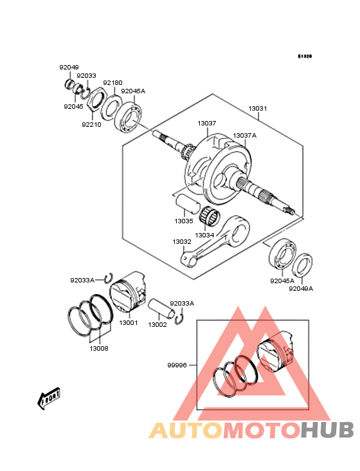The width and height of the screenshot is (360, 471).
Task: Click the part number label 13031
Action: [258, 109]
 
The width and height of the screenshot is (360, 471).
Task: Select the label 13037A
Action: [244, 136]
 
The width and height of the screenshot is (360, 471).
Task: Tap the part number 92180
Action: [113, 83]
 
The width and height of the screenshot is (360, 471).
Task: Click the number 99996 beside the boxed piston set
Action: [177, 365]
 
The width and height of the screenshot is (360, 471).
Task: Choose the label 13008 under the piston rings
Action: [98, 348]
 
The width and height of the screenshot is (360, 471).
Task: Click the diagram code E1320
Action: [305, 57]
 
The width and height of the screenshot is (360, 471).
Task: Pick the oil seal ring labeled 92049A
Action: [303, 265]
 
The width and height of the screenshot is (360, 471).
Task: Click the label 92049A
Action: [300, 289]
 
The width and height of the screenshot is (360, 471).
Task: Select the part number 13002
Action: [157, 325]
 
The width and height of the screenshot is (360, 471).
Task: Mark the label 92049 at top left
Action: [69, 68]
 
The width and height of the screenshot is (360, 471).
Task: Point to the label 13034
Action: [204, 235]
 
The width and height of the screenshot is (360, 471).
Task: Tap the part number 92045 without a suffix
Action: [73, 107]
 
